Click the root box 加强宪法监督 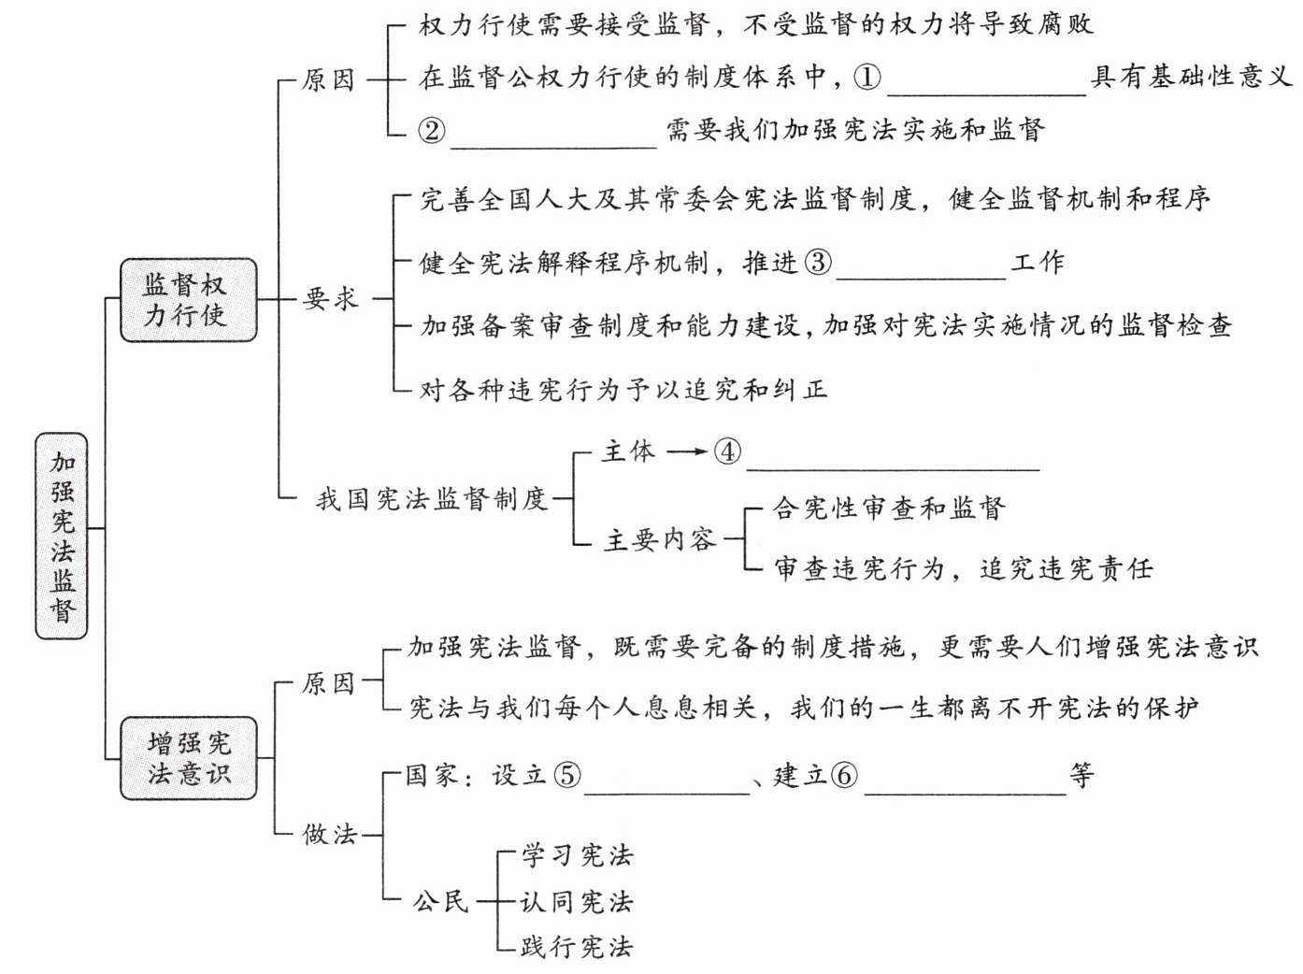(62, 536)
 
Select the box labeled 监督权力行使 (187, 299)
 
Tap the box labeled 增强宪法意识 (188, 757)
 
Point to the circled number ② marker (432, 130)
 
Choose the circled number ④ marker (726, 452)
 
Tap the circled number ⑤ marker (566, 776)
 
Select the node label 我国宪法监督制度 (431, 499)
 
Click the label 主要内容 (660, 539)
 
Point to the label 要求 (330, 299)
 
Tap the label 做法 (330, 833)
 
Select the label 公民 (440, 902)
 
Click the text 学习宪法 (577, 855)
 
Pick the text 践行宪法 (577, 947)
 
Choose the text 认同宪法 (577, 902)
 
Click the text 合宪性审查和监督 (888, 508)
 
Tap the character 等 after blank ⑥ (1081, 776)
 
